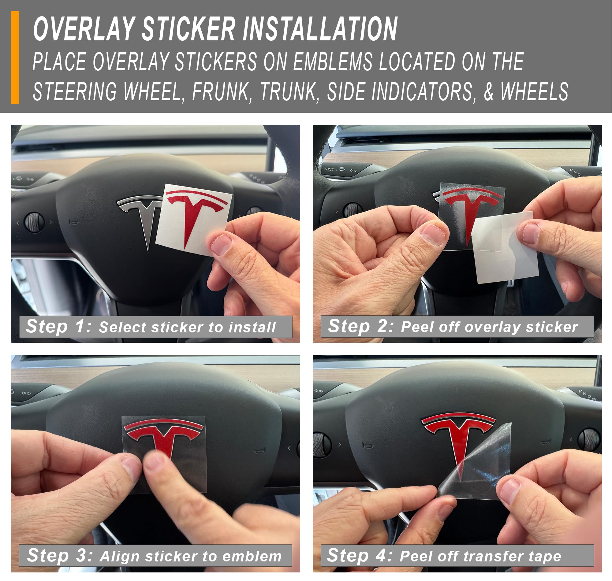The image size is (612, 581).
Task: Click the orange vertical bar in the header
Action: [x=15, y=57]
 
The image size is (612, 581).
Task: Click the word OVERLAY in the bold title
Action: [x=84, y=29]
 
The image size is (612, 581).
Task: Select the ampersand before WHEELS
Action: [x=489, y=92]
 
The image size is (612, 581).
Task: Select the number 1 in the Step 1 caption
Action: [x=81, y=326]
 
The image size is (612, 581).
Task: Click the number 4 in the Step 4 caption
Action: [x=382, y=556]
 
